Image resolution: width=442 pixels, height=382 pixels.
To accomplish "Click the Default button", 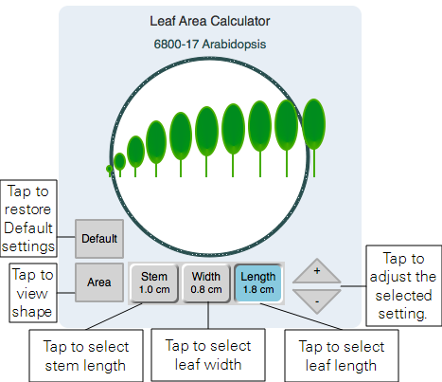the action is [99, 239].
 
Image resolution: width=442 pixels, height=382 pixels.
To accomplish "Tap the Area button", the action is [99, 282].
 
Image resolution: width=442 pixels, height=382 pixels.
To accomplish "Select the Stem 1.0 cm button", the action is [154, 283].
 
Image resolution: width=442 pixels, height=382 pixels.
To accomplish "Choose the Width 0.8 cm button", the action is [206, 283].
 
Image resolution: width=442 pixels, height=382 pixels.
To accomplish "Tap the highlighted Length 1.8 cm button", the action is [258, 283].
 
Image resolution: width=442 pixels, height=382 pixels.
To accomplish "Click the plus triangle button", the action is [317, 271].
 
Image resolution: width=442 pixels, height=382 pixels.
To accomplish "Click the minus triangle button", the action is [317, 301].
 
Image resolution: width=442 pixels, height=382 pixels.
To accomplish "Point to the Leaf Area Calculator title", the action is [210, 21].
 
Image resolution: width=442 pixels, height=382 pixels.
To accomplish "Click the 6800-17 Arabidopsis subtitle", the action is [210, 44].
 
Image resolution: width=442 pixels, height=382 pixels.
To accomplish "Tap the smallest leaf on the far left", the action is [109, 169].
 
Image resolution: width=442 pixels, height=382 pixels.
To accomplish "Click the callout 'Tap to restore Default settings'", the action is [28, 219].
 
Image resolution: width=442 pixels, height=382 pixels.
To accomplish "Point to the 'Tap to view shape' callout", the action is [33, 293].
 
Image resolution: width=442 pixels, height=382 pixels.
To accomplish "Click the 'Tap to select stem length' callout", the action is [86, 355].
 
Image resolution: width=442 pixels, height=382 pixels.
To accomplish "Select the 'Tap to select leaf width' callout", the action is [208, 355].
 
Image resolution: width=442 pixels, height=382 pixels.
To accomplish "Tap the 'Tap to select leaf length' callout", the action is [342, 355].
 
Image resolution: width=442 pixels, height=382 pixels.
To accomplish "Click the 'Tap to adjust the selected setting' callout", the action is [403, 285].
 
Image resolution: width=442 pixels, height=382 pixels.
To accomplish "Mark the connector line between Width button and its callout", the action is [208, 316].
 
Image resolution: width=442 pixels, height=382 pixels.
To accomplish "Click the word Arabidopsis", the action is [234, 44].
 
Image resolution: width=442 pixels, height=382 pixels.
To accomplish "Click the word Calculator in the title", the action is [240, 21].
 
